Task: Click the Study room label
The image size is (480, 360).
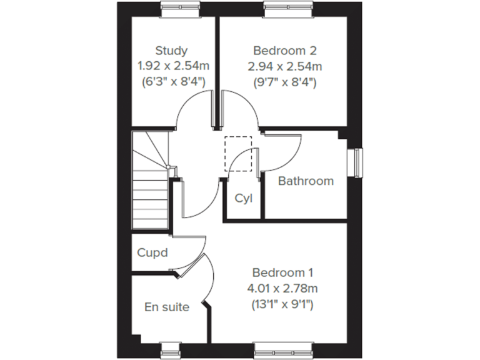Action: pyautogui.click(x=171, y=51)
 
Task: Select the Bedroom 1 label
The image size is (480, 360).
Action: pyautogui.click(x=282, y=273)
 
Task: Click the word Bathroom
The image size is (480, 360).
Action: pyautogui.click(x=306, y=181)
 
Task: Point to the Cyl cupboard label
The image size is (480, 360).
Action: pyautogui.click(x=243, y=199)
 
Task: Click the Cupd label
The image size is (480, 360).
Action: pyautogui.click(x=152, y=253)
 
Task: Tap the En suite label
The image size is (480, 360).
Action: pyautogui.click(x=166, y=307)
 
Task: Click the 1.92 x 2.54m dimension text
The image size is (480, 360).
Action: pyautogui.click(x=171, y=66)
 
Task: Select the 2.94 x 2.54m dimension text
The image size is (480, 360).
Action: pyautogui.click(x=285, y=66)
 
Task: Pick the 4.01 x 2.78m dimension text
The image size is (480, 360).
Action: pyautogui.click(x=282, y=289)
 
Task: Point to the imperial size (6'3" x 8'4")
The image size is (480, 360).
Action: pyautogui.click(x=171, y=81)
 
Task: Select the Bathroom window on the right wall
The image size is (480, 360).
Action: pyautogui.click(x=356, y=163)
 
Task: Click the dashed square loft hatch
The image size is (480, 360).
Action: pyautogui.click(x=238, y=153)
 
